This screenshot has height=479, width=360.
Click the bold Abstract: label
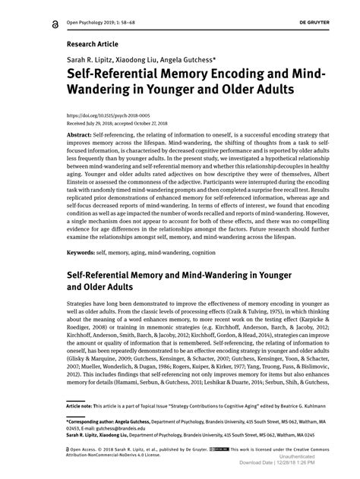[x=81, y=134]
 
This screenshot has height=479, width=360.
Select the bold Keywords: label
[x=84, y=252]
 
